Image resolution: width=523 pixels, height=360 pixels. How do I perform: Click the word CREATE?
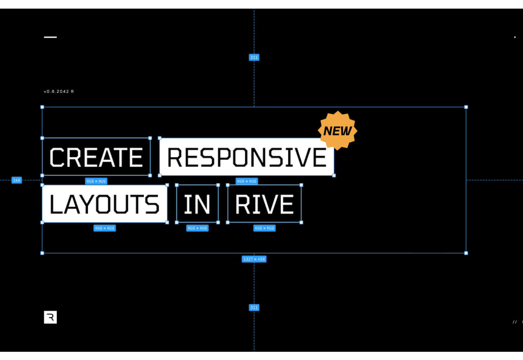[96, 157]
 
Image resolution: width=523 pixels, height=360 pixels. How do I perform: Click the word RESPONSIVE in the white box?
[247, 157]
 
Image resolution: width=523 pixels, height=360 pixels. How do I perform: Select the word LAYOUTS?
[105, 204]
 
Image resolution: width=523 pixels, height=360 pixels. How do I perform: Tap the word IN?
[197, 204]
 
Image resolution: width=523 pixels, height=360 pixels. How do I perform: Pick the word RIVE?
[264, 204]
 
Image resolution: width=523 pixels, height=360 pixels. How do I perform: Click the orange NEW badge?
[337, 131]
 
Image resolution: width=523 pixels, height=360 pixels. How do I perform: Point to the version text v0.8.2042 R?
[59, 92]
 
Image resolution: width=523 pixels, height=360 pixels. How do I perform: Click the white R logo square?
[50, 317]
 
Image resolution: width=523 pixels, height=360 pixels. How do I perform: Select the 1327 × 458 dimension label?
[254, 259]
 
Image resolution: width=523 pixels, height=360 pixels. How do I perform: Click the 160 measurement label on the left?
[16, 180]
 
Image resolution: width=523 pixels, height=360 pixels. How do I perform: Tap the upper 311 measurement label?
[254, 58]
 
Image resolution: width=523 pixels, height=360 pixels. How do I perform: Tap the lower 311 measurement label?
[254, 307]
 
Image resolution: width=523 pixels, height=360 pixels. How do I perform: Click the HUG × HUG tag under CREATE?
[96, 181]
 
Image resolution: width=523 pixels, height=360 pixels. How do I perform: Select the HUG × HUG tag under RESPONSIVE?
[247, 181]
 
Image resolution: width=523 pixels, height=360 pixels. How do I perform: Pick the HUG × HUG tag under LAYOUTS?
[105, 228]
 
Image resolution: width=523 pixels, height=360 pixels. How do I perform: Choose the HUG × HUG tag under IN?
[197, 228]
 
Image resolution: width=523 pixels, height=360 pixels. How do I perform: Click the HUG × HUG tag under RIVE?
[264, 228]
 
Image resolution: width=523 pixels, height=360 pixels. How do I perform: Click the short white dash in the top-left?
[50, 37]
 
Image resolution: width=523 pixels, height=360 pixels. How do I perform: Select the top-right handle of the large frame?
[466, 107]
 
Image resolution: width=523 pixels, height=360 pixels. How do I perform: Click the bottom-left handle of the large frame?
[42, 253]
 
